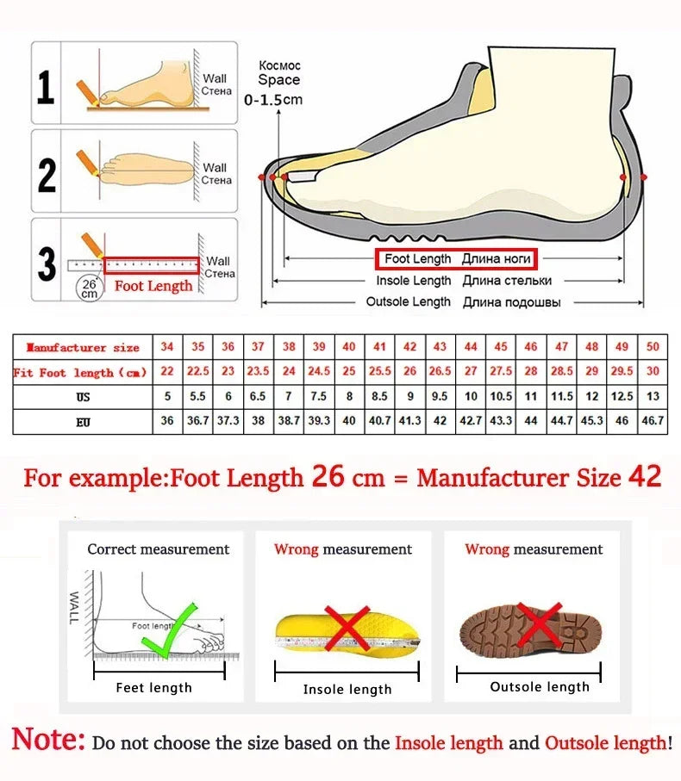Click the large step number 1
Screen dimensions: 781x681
(46, 87)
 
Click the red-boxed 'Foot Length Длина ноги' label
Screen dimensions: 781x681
(455, 259)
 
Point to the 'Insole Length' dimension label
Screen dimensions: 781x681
(413, 281)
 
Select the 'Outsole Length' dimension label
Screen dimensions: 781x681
(408, 302)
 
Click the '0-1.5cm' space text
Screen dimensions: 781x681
(273, 100)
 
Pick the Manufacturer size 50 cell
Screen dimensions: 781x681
(653, 347)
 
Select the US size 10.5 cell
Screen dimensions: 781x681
(501, 397)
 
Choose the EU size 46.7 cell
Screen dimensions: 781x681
(653, 422)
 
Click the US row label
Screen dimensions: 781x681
(83, 397)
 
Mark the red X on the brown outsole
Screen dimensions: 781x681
(540, 623)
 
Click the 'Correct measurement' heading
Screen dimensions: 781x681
(159, 549)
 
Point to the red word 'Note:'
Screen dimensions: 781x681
(48, 740)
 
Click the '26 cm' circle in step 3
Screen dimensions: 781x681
(89, 288)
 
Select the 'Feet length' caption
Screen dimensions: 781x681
(154, 687)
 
